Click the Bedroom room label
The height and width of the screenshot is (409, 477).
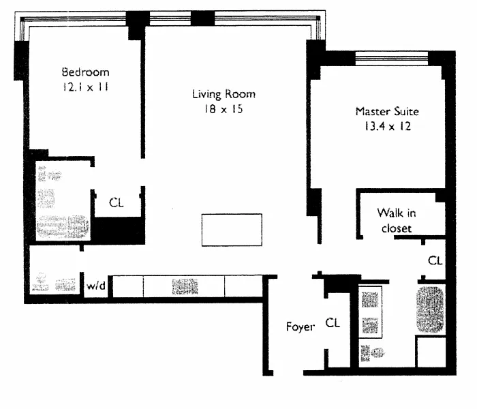click(85, 72)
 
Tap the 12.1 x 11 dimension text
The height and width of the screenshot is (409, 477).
click(85, 87)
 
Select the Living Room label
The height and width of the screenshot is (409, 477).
click(224, 94)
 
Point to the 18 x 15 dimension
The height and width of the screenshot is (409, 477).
click(224, 109)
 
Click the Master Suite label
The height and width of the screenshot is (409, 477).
click(387, 111)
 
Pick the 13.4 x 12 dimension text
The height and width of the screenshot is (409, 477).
click(388, 126)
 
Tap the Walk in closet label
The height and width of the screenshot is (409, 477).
click(397, 220)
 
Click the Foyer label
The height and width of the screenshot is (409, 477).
click(301, 327)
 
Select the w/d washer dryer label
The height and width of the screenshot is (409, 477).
click(96, 286)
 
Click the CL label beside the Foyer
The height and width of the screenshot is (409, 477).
click(333, 322)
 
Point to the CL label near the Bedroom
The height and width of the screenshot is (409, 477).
click(117, 202)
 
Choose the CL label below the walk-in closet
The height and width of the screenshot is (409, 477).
click(435, 260)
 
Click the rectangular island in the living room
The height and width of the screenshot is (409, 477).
click(232, 230)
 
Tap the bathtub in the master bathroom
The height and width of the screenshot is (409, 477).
click(430, 309)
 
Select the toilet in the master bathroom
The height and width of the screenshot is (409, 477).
click(372, 353)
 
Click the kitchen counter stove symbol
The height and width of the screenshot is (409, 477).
click(185, 286)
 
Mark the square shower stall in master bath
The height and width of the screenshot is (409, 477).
click(431, 352)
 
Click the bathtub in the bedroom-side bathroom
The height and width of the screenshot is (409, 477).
click(63, 227)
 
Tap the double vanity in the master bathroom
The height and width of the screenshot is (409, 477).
click(370, 312)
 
